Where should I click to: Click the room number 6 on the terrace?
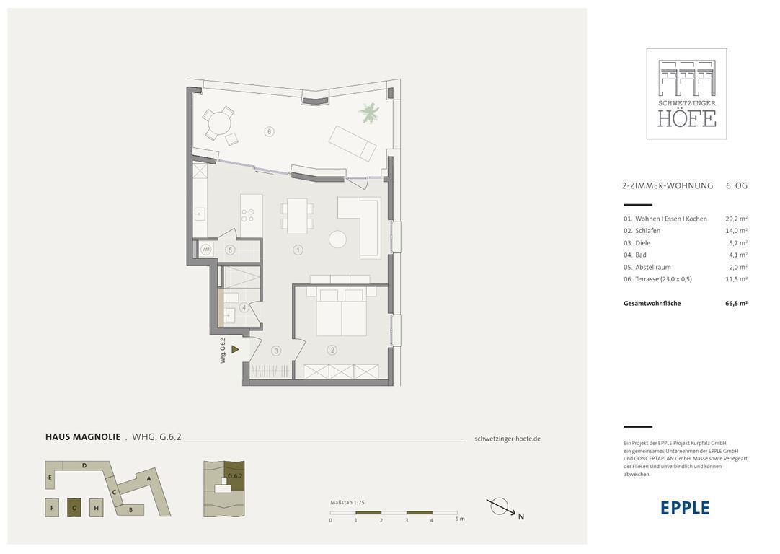pos(269,131)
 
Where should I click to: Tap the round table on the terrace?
pos(220,122)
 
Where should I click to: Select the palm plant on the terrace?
pos(368,113)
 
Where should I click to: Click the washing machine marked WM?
pos(206,249)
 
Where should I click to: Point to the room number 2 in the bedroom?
pos(332,350)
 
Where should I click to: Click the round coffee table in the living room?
pos(338,239)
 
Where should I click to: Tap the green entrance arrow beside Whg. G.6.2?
pos(235,349)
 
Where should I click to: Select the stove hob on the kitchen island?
pos(248,215)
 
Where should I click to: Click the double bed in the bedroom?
pos(341,312)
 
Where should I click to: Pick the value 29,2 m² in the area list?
pos(736,219)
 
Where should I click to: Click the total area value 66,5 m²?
pos(736,303)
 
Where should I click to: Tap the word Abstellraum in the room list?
pos(652,268)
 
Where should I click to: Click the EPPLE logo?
pos(685,508)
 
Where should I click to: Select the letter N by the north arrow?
pos(520,516)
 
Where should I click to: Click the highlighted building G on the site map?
pos(74,508)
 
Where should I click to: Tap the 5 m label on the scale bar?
pos(460,519)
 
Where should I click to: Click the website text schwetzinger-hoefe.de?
pos(508,439)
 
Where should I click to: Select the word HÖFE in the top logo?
pos(687,118)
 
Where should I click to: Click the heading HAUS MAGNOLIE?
pos(83,437)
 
